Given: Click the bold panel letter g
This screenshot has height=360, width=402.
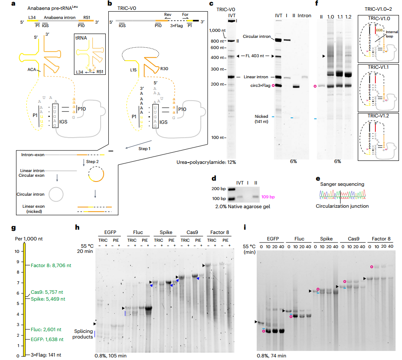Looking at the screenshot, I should [14, 228].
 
